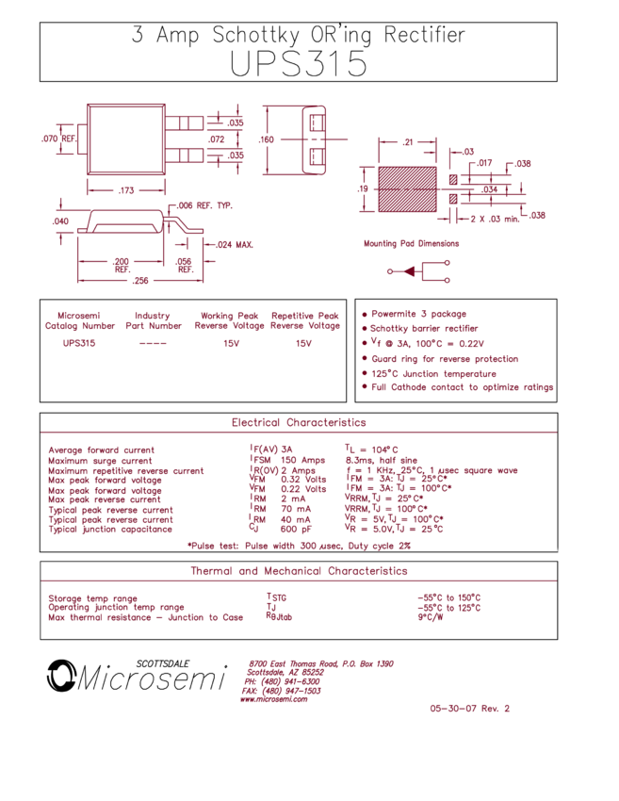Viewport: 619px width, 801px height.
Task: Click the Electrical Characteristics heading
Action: coord(299,422)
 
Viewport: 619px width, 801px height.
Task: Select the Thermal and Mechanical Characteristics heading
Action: coord(299,571)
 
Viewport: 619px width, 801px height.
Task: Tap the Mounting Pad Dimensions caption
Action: coord(412,243)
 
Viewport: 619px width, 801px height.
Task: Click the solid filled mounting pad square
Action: coord(407,188)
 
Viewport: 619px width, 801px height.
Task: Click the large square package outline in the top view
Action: coord(125,139)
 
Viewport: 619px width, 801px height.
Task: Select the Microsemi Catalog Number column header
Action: coord(79,320)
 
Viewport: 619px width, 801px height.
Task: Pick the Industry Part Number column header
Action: coord(153,320)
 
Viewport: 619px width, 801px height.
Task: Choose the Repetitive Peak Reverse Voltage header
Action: coord(304,320)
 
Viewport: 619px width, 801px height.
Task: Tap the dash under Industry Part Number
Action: coord(152,344)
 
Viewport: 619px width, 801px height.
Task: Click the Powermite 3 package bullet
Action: coord(418,314)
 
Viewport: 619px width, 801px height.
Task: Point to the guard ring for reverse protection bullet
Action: coord(444,359)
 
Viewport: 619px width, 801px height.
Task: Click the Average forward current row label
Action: coord(101,450)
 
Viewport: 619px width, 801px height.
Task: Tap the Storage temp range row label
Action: coord(92,597)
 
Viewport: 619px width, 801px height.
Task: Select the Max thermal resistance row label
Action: coord(145,617)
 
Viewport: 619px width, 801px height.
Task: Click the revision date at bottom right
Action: coord(469,708)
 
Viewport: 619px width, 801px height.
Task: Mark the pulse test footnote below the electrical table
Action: coord(299,545)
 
